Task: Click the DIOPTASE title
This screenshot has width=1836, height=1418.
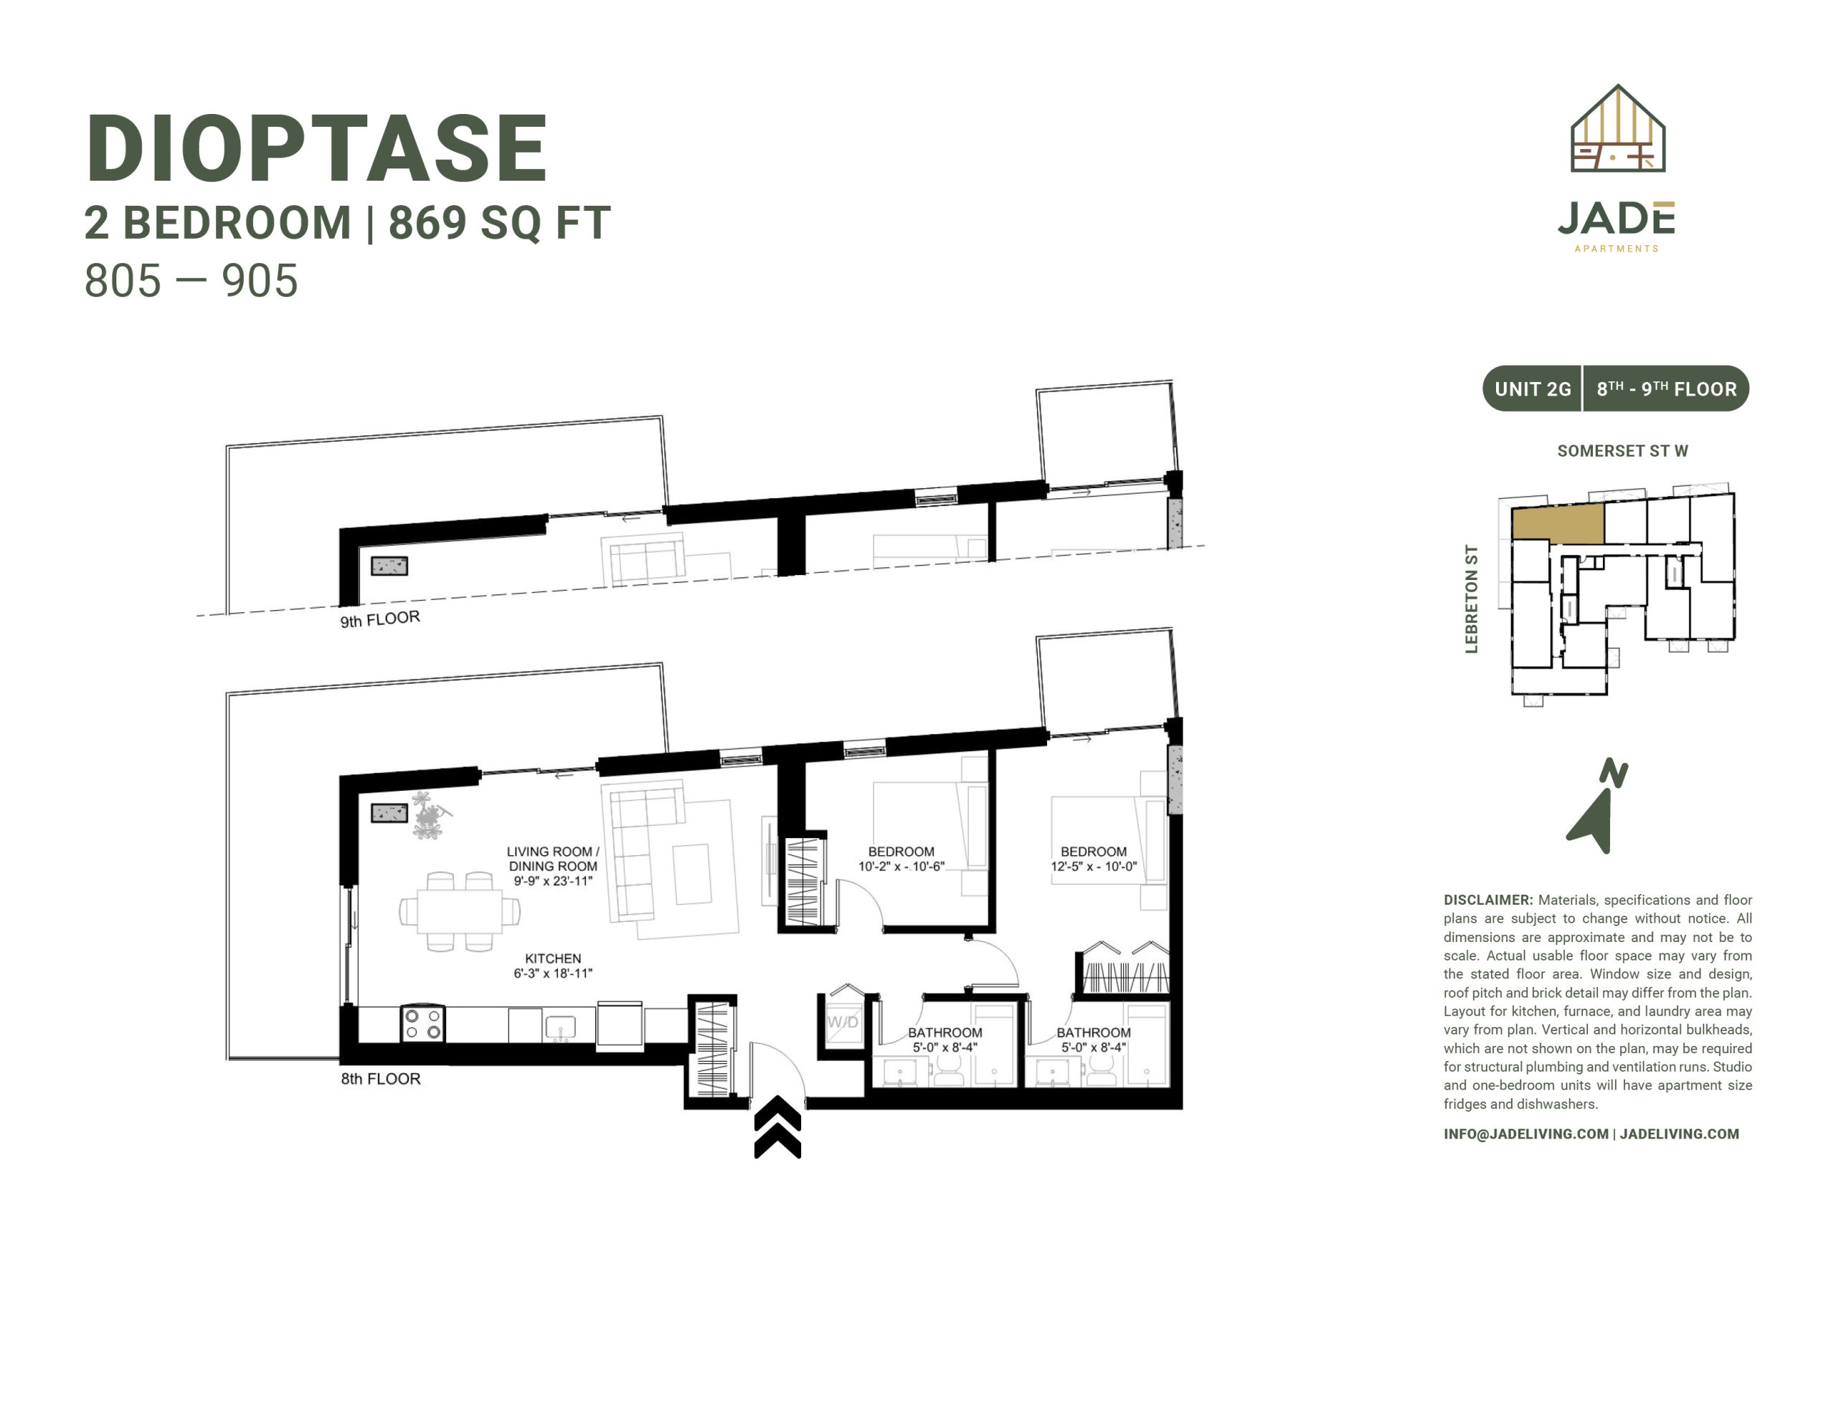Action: coord(316,149)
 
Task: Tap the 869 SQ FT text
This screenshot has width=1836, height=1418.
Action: coord(499,223)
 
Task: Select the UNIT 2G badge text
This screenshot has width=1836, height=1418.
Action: coord(1533,389)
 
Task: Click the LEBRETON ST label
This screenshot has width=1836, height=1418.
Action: coord(1471,599)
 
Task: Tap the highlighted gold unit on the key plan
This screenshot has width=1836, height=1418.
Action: coord(1558,523)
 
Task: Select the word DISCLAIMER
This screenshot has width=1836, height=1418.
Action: coord(1488,900)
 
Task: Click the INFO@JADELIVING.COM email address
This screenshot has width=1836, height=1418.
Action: coord(1525,1134)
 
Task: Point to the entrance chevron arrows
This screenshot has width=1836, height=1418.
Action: coord(777,1127)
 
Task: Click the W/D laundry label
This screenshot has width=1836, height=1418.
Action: coord(843,1022)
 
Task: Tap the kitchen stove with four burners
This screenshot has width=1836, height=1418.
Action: coord(423,1023)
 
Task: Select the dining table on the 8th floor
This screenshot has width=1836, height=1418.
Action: coord(460,911)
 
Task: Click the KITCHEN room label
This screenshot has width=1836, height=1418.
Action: coord(553,958)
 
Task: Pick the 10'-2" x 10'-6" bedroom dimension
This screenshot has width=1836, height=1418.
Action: coord(902,867)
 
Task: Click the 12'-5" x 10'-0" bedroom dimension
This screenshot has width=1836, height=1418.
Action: coord(1094,867)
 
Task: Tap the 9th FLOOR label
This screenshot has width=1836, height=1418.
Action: coord(380,619)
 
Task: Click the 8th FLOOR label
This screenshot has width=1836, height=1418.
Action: coord(381,1079)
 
